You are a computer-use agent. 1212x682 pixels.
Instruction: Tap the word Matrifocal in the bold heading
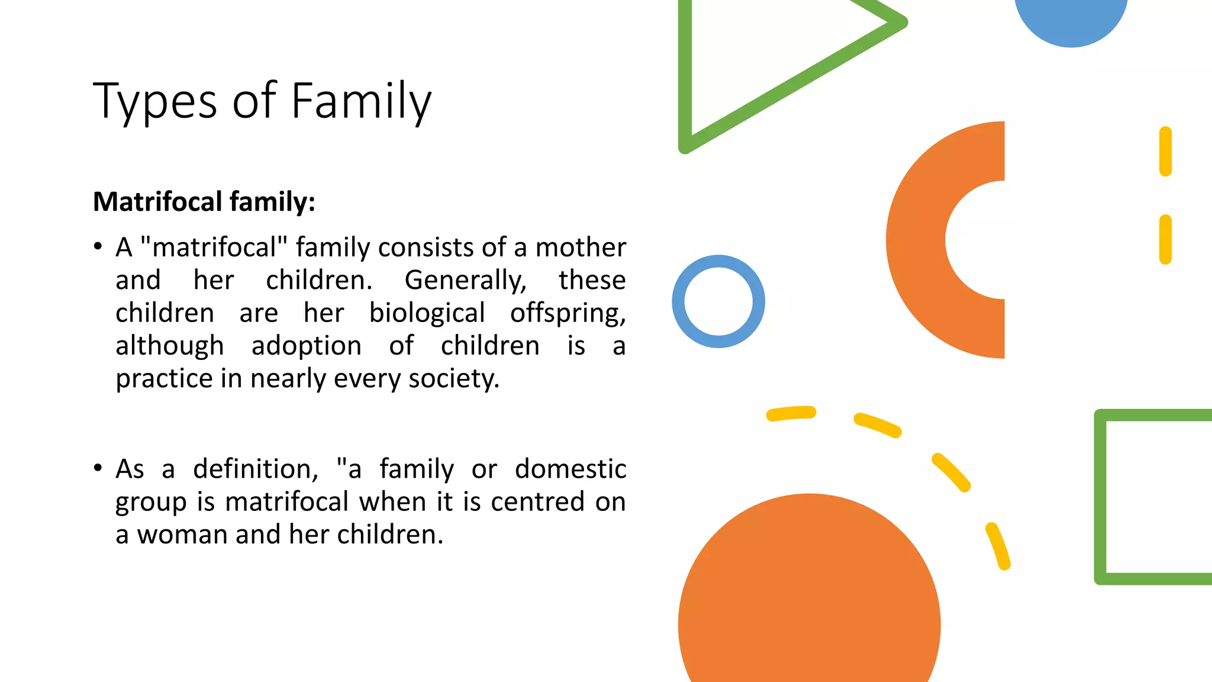pyautogui.click(x=157, y=202)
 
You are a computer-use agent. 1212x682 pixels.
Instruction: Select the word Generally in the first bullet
pyautogui.click(x=465, y=281)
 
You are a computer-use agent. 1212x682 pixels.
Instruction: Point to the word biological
pyautogui.click(x=427, y=313)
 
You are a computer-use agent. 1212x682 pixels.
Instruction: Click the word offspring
pyautogui.click(x=568, y=313)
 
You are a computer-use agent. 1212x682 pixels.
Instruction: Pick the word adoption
pyautogui.click(x=306, y=346)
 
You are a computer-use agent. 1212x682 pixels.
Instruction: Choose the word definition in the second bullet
pyautogui.click(x=255, y=469)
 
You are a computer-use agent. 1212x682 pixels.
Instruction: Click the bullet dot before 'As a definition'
pyautogui.click(x=98, y=468)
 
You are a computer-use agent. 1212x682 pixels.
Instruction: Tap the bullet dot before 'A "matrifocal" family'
pyautogui.click(x=98, y=246)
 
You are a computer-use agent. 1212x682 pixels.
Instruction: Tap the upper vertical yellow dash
pyautogui.click(x=1165, y=152)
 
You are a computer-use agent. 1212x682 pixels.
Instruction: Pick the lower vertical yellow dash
pyautogui.click(x=1165, y=239)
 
